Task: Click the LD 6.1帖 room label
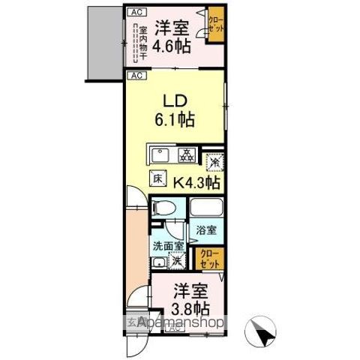point(175,109)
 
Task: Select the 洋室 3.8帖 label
point(191,299)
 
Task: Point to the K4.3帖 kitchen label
point(196,181)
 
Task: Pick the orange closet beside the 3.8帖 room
point(209,259)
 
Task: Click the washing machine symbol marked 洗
point(178,262)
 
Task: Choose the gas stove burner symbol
point(185,154)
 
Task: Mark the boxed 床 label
point(158,179)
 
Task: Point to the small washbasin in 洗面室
point(158,262)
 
